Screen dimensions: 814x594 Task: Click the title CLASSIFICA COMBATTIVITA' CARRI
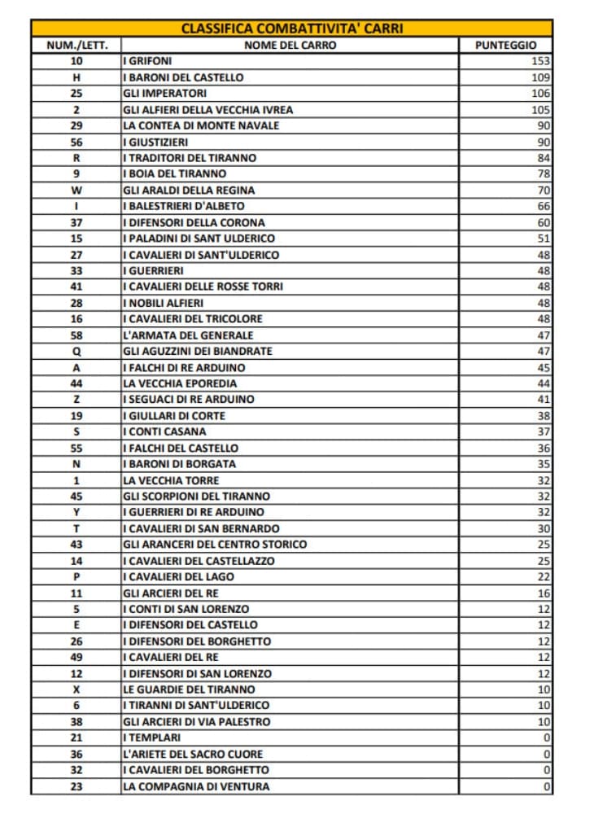coord(292,28)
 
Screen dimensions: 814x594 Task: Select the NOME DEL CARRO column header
coord(290,45)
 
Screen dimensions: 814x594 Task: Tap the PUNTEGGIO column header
coord(505,45)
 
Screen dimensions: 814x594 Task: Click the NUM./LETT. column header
coord(76,45)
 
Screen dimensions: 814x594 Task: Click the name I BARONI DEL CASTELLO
coord(183,77)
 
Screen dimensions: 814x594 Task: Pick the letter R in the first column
coord(76,158)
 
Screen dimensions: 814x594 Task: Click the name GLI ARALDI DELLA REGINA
coord(177,190)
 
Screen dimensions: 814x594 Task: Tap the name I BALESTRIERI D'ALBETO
coord(183,206)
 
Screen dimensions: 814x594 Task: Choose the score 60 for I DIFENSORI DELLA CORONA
coord(544,222)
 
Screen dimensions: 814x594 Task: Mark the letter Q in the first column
coord(76,351)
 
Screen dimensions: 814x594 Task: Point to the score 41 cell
coord(544,400)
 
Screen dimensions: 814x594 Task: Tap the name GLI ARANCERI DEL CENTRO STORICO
coord(215,545)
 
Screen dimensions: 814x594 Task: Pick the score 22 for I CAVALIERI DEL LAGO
coord(544,576)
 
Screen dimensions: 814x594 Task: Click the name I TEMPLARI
coord(151,737)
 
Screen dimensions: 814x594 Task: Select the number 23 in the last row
coord(76,786)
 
